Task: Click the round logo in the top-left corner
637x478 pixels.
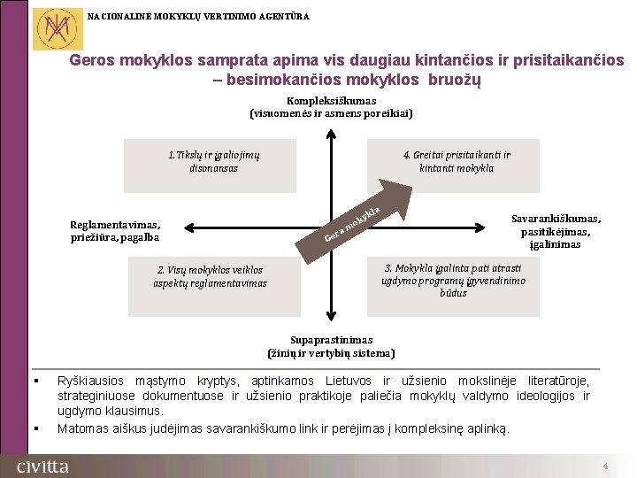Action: click(54, 28)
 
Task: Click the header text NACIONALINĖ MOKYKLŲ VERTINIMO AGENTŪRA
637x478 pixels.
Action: click(199, 15)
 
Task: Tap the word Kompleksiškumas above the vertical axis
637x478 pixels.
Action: click(332, 101)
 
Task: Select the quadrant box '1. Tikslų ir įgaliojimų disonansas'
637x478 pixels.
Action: click(211, 166)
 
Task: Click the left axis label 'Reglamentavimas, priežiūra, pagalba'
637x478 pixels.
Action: click(115, 231)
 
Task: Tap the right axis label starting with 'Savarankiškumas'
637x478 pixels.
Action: click(556, 231)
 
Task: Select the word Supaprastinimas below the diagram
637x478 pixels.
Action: click(332, 340)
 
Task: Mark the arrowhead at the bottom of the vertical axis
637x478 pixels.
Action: click(331, 325)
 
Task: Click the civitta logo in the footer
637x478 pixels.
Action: click(42, 466)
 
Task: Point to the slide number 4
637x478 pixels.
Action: click(605, 466)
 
